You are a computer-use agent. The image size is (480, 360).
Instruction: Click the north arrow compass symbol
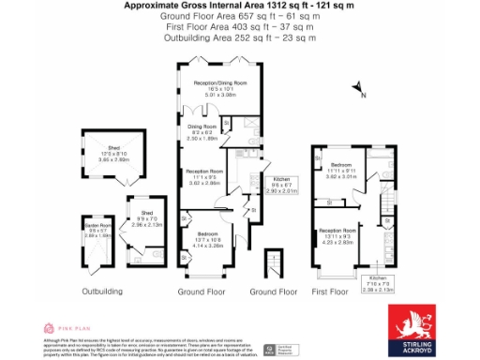(358, 89)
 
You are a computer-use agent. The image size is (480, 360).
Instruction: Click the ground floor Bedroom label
(208, 237)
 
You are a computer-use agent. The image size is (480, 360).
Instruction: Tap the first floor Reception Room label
(337, 234)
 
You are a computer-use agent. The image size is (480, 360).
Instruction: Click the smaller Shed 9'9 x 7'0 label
(147, 219)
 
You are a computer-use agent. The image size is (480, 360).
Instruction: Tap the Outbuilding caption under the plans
(103, 292)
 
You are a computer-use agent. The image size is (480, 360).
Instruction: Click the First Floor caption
(329, 292)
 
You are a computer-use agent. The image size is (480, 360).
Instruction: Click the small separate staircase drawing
(273, 262)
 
